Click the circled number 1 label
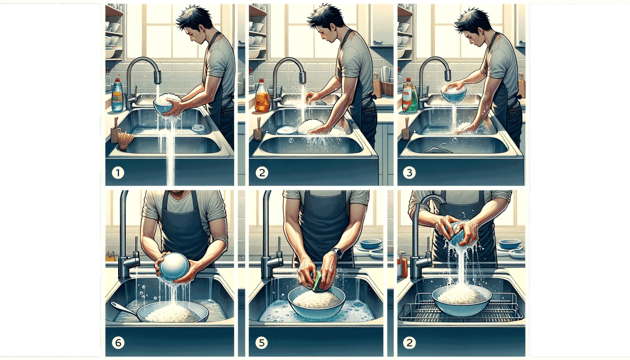pos(118,173)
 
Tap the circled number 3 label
pos(409,173)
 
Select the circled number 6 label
pos(118,342)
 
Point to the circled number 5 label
pos(262,342)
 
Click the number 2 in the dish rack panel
pos(409,342)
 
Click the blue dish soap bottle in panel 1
pos(117,96)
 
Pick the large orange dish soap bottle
pos(262,98)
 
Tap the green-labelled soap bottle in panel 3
pos(409,97)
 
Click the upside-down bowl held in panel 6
pos(174,267)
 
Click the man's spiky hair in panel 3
pos(472,18)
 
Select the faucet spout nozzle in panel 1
pos(157,77)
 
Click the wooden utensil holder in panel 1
pos(115,135)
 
